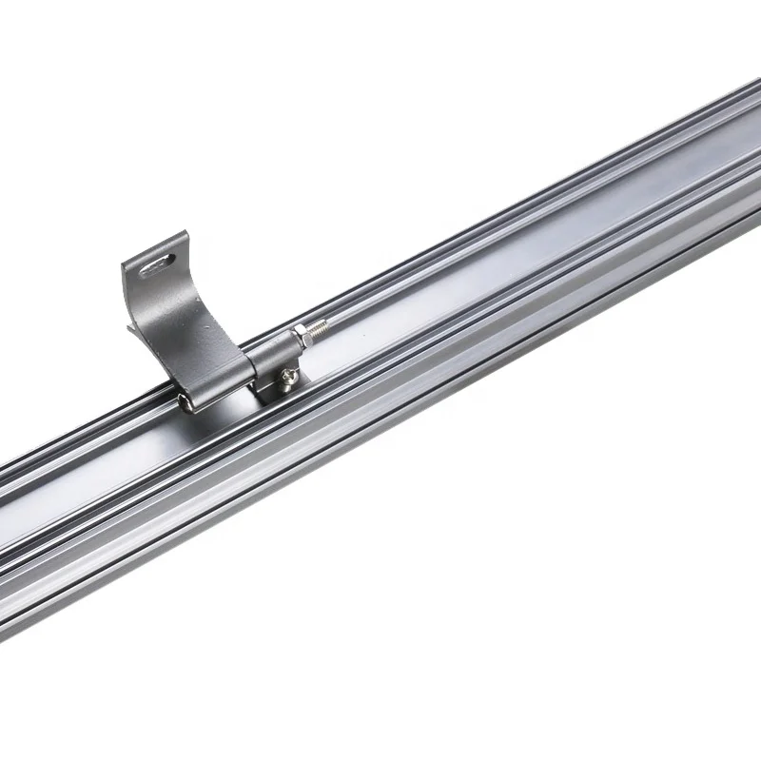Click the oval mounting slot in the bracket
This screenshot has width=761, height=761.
coord(158,265)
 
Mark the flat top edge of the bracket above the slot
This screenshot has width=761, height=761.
coord(157,245)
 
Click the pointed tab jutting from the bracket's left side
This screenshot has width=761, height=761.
coord(132,330)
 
